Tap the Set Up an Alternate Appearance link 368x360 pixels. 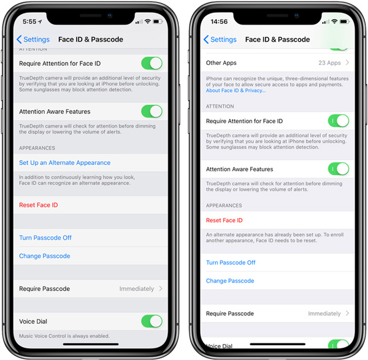[x=65, y=163]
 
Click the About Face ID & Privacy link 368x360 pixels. [x=236, y=91]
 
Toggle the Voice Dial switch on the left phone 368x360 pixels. [x=152, y=321]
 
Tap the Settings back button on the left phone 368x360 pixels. [x=33, y=39]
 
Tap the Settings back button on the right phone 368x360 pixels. [x=220, y=39]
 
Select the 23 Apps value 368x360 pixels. [x=329, y=63]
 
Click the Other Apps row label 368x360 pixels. [x=221, y=63]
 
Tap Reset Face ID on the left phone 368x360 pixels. [x=39, y=205]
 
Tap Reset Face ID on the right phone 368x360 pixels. [x=224, y=220]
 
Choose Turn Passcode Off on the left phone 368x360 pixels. [x=45, y=238]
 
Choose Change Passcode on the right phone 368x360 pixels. [x=230, y=281]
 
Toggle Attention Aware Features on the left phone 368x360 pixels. [x=152, y=111]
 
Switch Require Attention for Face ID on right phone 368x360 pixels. [x=339, y=121]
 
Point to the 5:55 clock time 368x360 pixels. [x=29, y=21]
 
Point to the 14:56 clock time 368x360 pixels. [x=219, y=21]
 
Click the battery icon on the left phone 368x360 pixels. [x=158, y=21]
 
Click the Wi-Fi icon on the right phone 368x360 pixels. [x=334, y=21]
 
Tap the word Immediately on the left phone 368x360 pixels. [x=137, y=289]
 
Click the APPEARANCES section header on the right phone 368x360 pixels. [x=224, y=205]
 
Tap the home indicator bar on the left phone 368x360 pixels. [x=91, y=344]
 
